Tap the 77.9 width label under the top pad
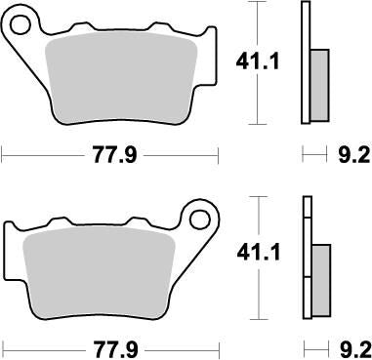pos(110,154)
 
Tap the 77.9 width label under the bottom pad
pos(110,347)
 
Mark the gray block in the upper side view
pos(319,83)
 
